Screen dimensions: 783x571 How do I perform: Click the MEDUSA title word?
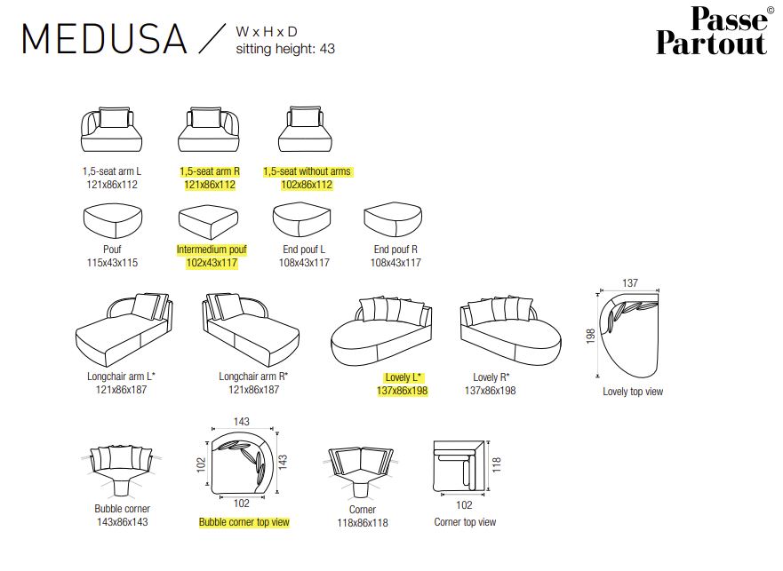point(104,39)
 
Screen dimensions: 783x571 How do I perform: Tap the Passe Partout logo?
point(714,31)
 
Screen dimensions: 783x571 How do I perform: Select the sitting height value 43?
point(328,49)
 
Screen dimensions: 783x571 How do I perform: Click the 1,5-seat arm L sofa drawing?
point(111,130)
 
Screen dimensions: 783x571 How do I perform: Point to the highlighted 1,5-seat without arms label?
point(308,171)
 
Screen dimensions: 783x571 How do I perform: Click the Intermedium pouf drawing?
point(208,221)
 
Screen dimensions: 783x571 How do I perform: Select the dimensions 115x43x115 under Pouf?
point(112,263)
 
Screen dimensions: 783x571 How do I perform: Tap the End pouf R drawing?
point(393,219)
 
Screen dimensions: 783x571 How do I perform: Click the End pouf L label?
point(304,249)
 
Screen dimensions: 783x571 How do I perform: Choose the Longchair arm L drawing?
point(124,329)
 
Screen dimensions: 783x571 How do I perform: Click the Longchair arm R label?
point(253,377)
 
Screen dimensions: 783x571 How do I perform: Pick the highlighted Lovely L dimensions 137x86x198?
point(403,391)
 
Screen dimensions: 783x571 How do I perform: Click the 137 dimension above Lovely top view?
point(630,283)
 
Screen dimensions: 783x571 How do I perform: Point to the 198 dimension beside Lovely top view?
point(591,336)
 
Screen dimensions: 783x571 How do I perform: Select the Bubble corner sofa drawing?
point(122,470)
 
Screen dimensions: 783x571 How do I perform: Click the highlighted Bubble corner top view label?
point(244,522)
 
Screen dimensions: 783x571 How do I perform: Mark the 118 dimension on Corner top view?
point(496,464)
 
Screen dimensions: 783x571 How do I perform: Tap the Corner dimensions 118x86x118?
point(363,523)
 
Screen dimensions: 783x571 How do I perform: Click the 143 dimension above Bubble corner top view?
point(242,422)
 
